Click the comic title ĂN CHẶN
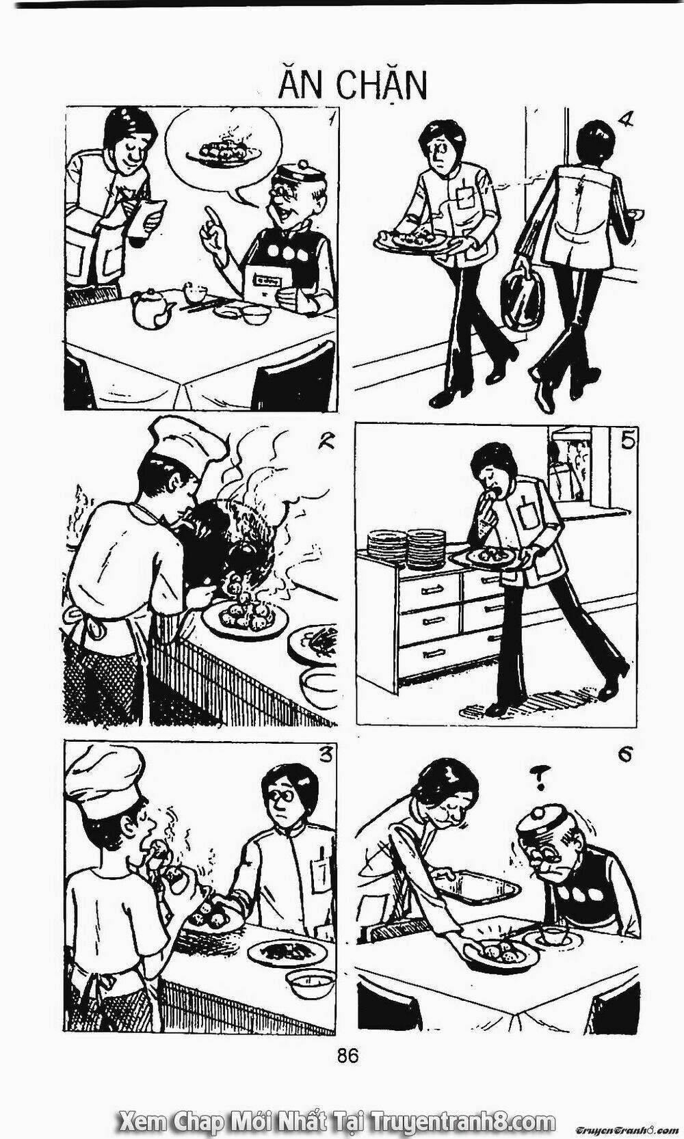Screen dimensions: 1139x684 pyautogui.click(x=352, y=85)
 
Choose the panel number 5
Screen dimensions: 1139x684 pyautogui.click(x=627, y=441)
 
